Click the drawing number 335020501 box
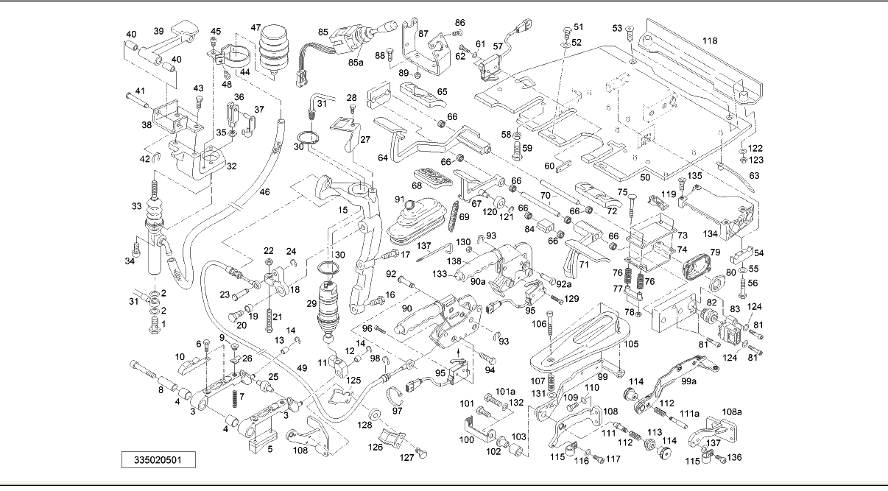pyautogui.click(x=159, y=460)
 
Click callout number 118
pyautogui.click(x=709, y=41)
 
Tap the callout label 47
pyautogui.click(x=256, y=28)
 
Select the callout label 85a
pyautogui.click(x=356, y=63)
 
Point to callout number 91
pyautogui.click(x=399, y=199)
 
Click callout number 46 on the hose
pyautogui.click(x=264, y=192)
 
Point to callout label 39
pyautogui.click(x=158, y=31)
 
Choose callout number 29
pyautogui.click(x=311, y=303)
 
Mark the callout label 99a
pyautogui.click(x=689, y=382)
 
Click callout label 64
pyautogui.click(x=383, y=158)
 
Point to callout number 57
pyautogui.click(x=498, y=46)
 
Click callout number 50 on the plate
pyautogui.click(x=645, y=178)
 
